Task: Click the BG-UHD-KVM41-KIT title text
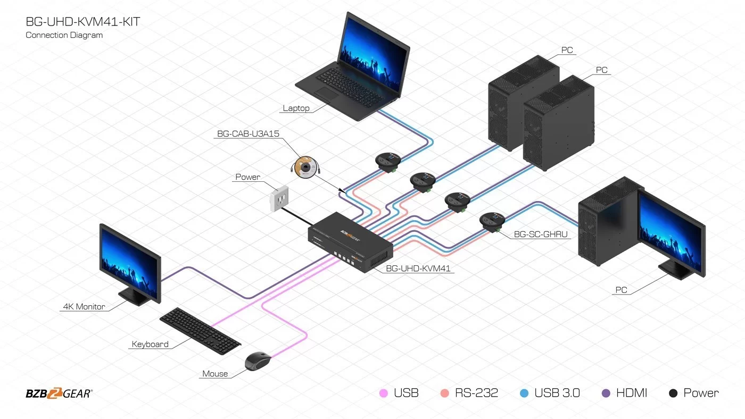[83, 22]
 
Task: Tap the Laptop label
[296, 108]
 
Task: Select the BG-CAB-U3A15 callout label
[248, 133]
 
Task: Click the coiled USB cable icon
[305, 167]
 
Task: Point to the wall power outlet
[279, 199]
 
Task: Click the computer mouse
[258, 361]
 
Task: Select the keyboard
[200, 331]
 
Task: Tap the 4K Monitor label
[84, 306]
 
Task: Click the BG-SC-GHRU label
[541, 234]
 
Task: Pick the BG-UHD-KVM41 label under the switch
[418, 269]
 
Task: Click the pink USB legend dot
[384, 393]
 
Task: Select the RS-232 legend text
[476, 393]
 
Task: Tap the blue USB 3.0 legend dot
[524, 393]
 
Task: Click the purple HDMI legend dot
[606, 393]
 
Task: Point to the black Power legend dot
[673, 393]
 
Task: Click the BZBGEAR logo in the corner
[59, 393]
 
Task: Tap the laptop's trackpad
[326, 94]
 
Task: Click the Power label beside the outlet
[248, 177]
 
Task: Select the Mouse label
[215, 373]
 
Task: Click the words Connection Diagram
[64, 35]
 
